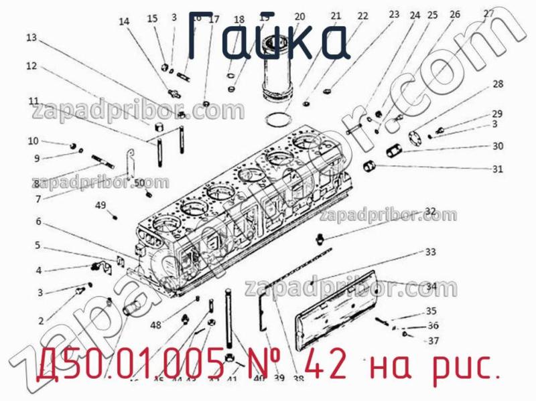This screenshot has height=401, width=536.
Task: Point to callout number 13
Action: (31, 38)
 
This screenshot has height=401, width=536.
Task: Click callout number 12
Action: (31, 66)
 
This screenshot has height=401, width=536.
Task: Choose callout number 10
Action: (33, 141)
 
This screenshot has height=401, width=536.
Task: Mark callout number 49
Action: (100, 205)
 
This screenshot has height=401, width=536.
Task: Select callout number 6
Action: (38, 222)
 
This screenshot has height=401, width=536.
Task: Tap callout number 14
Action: (124, 21)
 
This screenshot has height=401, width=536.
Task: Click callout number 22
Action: (362, 16)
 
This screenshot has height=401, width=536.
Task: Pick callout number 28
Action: (497, 84)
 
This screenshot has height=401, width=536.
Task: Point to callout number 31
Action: (497, 169)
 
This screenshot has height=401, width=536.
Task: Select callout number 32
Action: (430, 212)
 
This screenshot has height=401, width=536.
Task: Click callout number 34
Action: (431, 287)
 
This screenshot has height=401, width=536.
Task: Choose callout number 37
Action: (433, 340)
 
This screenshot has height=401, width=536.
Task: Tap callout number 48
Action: (155, 325)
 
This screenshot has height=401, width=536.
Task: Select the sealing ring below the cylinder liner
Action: (275, 121)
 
